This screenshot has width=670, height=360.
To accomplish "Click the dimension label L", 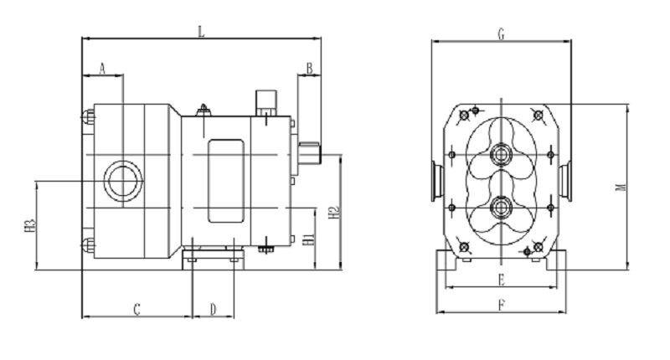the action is coord(201,31).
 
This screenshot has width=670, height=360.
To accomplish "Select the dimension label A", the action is coord(102,69).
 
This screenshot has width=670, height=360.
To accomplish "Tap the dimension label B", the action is coord(309,69).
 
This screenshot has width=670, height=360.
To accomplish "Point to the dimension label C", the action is coord(137,309).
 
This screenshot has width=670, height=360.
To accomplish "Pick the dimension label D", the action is coord(214,309).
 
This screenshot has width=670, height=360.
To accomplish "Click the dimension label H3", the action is coord(29,226).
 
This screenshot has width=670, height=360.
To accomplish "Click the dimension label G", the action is coord(501,34).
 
